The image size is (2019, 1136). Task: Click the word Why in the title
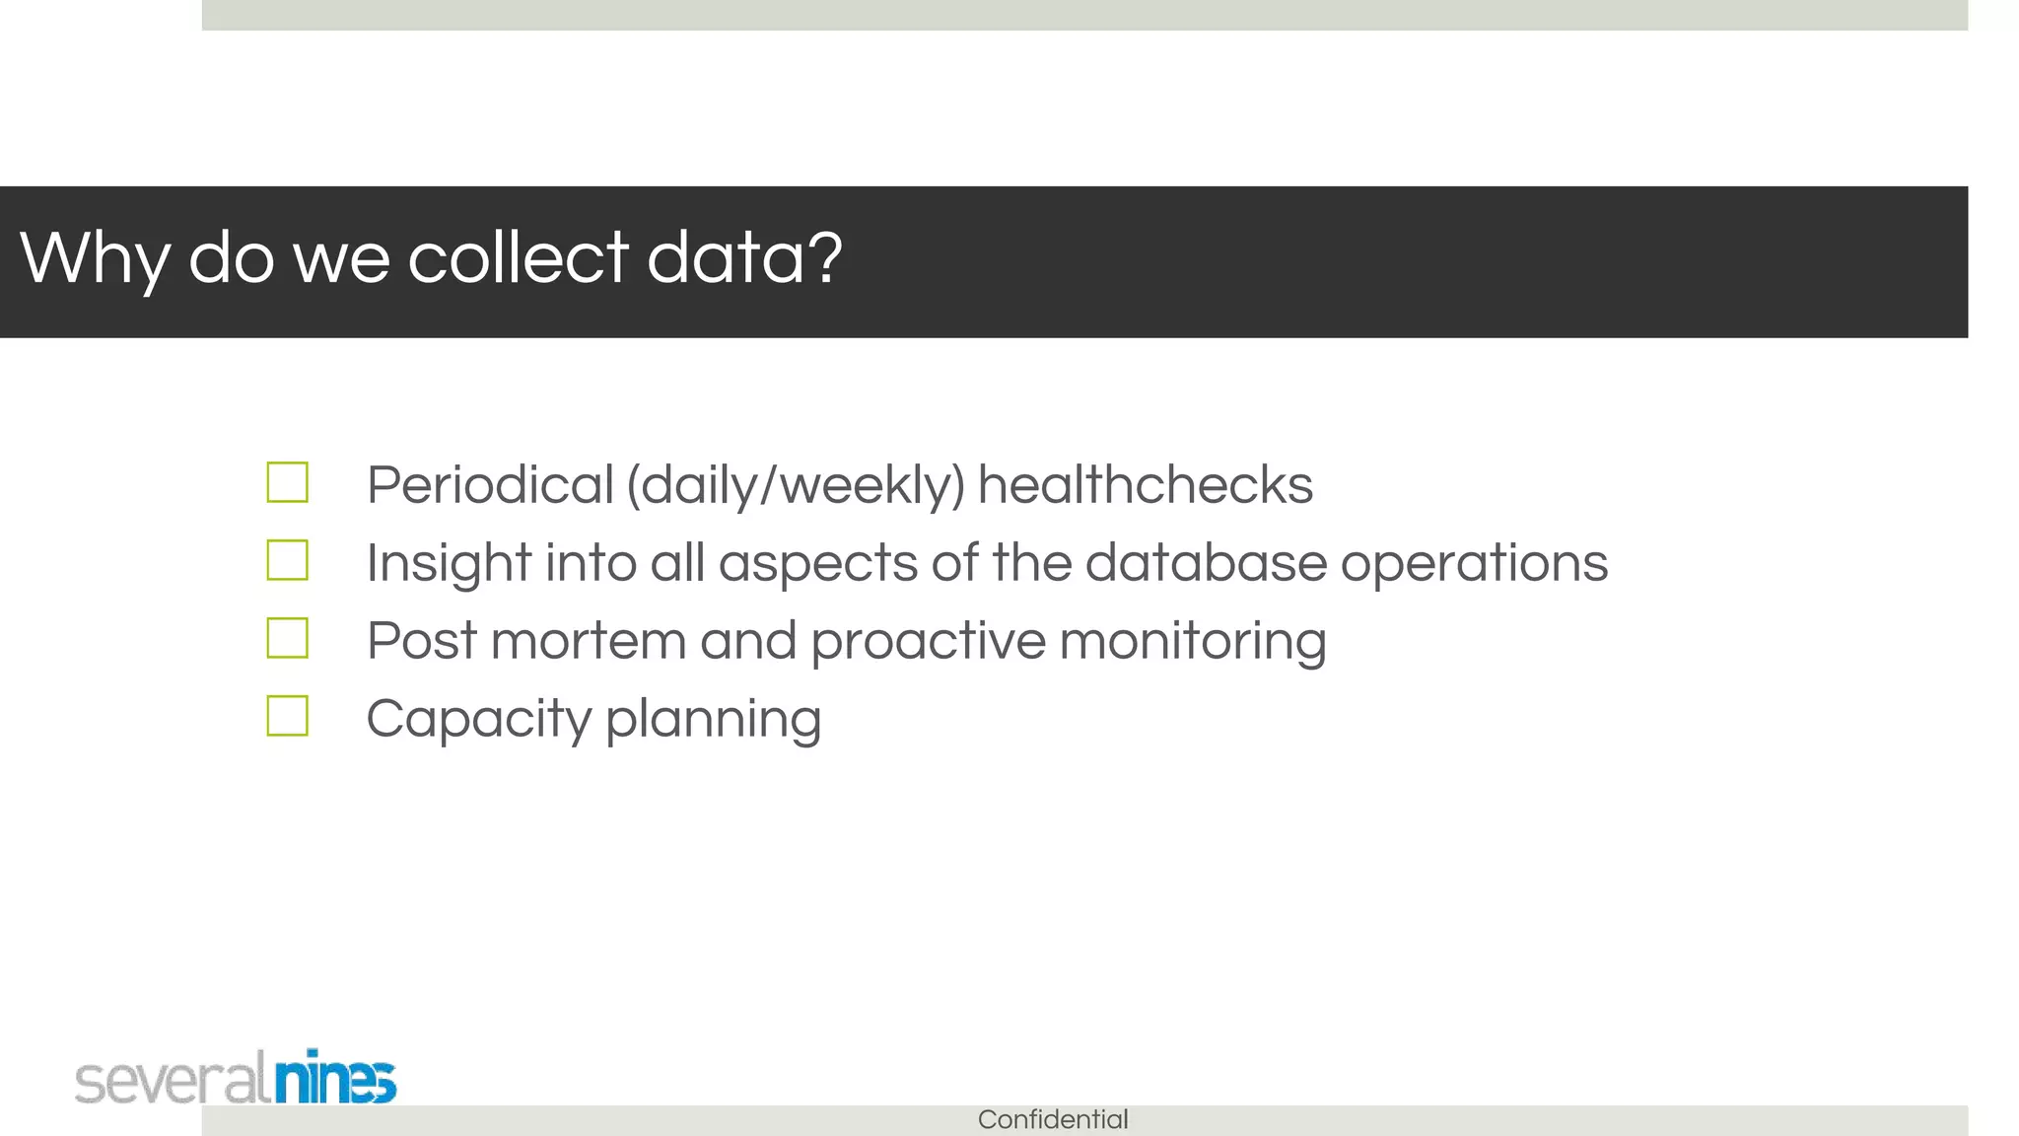pyautogui.click(x=95, y=258)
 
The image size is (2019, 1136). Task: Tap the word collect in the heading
pyautogui.click(x=518, y=257)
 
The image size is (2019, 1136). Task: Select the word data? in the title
pyautogui.click(x=744, y=257)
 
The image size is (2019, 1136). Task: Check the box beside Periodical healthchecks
pyautogui.click(x=287, y=483)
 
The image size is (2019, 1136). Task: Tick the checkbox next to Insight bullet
pyautogui.click(x=287, y=561)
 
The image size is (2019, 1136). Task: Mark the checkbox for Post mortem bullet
pyautogui.click(x=287, y=638)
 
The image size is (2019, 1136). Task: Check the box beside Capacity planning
pyautogui.click(x=287, y=716)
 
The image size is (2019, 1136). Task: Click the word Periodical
pyautogui.click(x=490, y=485)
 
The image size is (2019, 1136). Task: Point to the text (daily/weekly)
pyautogui.click(x=796, y=485)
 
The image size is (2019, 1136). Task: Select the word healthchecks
pyautogui.click(x=1145, y=485)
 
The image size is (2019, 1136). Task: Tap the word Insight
pyautogui.click(x=449, y=563)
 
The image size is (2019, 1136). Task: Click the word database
pyautogui.click(x=1206, y=563)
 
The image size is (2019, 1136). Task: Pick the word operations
pyautogui.click(x=1474, y=563)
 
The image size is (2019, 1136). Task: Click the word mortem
pyautogui.click(x=588, y=641)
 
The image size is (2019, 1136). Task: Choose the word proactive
pyautogui.click(x=928, y=641)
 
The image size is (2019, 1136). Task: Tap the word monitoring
pyautogui.click(x=1193, y=641)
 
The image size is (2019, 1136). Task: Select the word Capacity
pyautogui.click(x=478, y=719)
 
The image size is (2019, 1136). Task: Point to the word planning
pyautogui.click(x=713, y=719)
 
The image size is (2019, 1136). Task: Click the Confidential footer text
pyautogui.click(x=1053, y=1119)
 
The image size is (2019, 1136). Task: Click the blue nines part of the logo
pyautogui.click(x=335, y=1078)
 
